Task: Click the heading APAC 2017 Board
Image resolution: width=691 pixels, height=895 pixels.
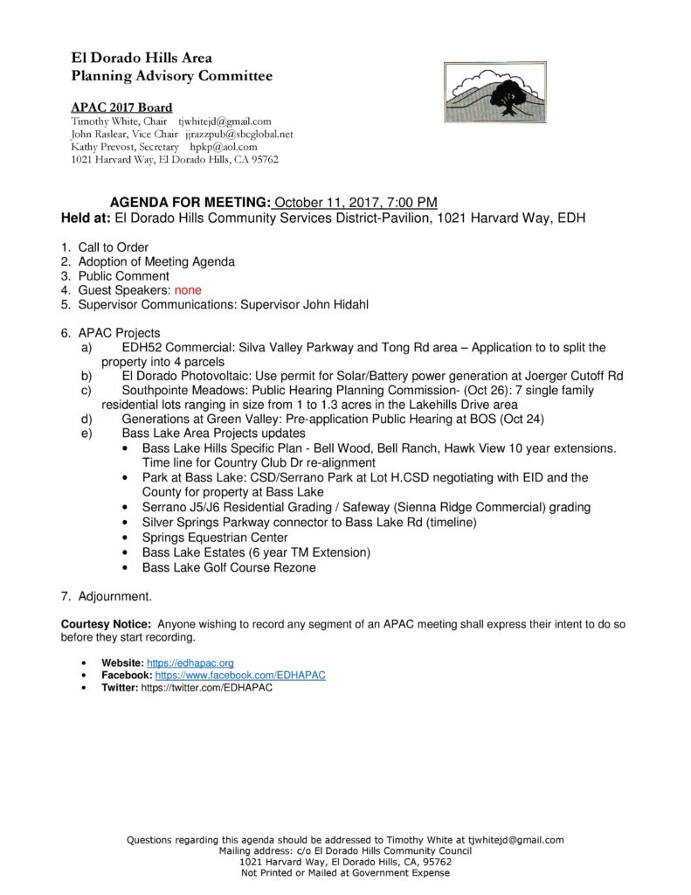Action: (x=121, y=108)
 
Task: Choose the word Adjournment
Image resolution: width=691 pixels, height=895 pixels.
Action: (x=114, y=597)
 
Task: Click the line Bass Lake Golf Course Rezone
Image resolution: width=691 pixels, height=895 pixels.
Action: (x=229, y=567)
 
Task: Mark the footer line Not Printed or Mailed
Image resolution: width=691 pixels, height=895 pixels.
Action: (x=345, y=872)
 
